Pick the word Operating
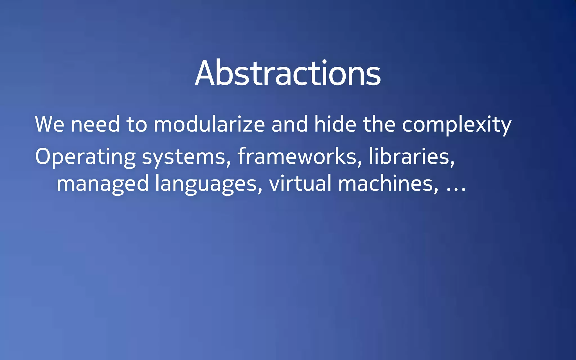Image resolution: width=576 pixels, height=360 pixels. (85, 157)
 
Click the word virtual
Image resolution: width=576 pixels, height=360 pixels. (300, 183)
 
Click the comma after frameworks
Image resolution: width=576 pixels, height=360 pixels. (360, 164)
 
